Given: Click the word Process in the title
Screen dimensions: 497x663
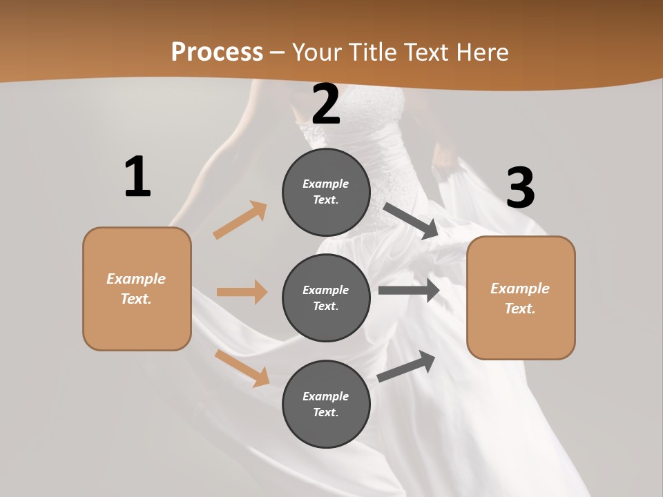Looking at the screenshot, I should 217,52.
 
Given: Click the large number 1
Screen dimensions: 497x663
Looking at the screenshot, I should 137,177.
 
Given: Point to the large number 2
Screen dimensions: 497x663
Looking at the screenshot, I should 326,105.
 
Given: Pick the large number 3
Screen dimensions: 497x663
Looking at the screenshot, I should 520,188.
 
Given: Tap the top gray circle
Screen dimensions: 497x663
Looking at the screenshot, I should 326,192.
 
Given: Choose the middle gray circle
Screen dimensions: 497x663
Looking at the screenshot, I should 326,298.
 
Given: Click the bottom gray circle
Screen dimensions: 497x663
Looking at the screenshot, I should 326,405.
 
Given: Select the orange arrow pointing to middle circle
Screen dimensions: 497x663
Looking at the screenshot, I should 242,292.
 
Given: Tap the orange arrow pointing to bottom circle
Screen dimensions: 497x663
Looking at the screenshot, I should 242,367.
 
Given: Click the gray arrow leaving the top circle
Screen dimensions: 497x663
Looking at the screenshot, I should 411,221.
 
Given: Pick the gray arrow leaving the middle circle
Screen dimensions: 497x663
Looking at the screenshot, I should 409,291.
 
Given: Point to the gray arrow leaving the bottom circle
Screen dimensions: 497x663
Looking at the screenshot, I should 407,366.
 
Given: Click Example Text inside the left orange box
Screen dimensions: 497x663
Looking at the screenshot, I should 136,289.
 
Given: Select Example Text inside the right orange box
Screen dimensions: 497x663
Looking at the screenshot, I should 520,298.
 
